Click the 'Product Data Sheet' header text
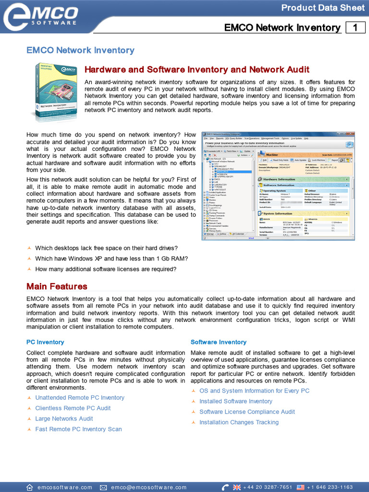(x=323, y=8)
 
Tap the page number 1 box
(x=355, y=27)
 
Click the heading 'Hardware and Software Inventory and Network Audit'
(x=197, y=70)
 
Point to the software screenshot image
(x=278, y=185)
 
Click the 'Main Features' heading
(x=57, y=286)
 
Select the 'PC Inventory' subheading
(x=45, y=342)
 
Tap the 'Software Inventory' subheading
(x=218, y=342)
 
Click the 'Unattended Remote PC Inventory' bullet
(x=80, y=398)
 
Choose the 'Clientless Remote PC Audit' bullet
(x=73, y=408)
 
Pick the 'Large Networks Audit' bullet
(x=64, y=419)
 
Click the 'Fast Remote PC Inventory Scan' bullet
(x=78, y=430)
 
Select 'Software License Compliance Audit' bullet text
(x=247, y=412)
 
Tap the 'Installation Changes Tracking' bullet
(x=239, y=422)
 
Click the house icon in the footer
(x=30, y=487)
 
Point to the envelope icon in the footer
(x=103, y=487)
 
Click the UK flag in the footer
(x=236, y=487)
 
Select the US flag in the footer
(x=301, y=487)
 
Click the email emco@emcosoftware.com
(x=149, y=487)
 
